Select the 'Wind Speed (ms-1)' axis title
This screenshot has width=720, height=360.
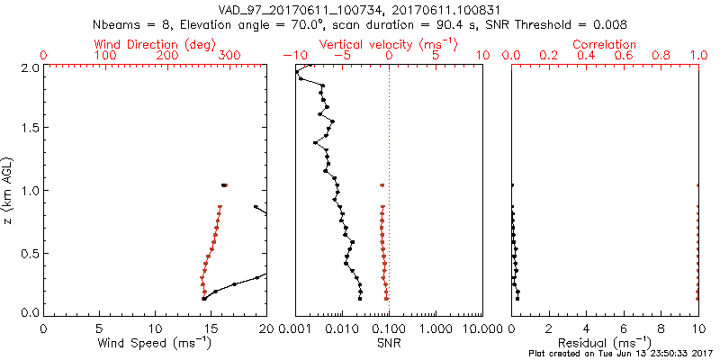pyautogui.click(x=155, y=343)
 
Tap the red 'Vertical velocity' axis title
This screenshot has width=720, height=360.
pyautogui.click(x=372, y=44)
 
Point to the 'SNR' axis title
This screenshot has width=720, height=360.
pyautogui.click(x=389, y=343)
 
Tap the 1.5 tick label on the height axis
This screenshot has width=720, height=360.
pyautogui.click(x=29, y=129)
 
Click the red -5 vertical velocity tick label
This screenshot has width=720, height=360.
pyautogui.click(x=339, y=56)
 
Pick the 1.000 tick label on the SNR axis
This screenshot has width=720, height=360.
pyautogui.click(x=436, y=327)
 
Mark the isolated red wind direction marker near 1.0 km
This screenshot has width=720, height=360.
pyautogui.click(x=224, y=185)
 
